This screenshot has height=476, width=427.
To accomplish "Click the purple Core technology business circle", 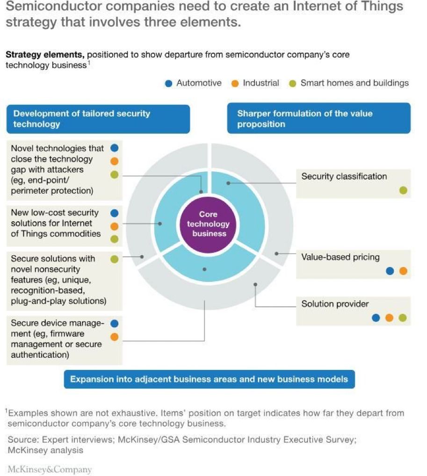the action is pyautogui.click(x=208, y=224).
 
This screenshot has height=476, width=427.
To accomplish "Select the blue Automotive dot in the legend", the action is pyautogui.click(x=169, y=84).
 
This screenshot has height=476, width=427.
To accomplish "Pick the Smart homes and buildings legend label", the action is pyautogui.click(x=355, y=83).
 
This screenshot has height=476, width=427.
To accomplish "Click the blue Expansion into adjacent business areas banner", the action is pyautogui.click(x=209, y=379).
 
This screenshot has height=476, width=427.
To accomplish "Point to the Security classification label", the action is pyautogui.click(x=344, y=177).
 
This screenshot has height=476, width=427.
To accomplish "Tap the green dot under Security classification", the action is pyautogui.click(x=403, y=190).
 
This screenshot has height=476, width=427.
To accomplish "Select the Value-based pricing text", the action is pyautogui.click(x=340, y=257).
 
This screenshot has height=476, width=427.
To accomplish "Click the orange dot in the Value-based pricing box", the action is pyautogui.click(x=403, y=271).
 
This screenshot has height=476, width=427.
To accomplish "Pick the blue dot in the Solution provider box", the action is pyautogui.click(x=376, y=318).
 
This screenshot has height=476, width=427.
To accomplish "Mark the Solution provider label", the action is pyautogui.click(x=335, y=304).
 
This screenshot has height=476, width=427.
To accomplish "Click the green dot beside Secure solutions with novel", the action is pyautogui.click(x=115, y=259).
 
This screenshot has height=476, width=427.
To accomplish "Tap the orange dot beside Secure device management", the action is pyautogui.click(x=115, y=337).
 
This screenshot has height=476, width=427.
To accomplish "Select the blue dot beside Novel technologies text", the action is pyautogui.click(x=115, y=148).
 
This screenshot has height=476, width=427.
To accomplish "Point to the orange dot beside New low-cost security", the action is pyautogui.click(x=115, y=226).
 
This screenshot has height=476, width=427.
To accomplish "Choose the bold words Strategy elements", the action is pyautogui.click(x=45, y=55).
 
